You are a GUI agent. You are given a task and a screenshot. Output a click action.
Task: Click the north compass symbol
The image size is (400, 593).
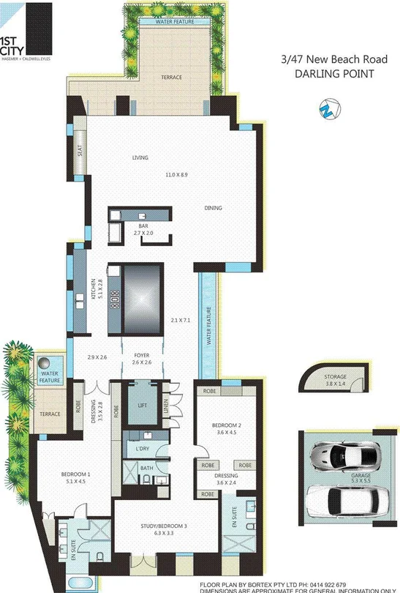(x=325, y=110)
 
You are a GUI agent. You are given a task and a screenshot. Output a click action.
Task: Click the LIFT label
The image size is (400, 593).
(x=143, y=404)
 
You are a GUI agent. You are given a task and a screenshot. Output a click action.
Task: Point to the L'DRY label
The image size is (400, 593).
(x=143, y=447)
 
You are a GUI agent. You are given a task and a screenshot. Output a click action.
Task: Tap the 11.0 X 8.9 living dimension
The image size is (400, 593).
(x=176, y=175)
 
